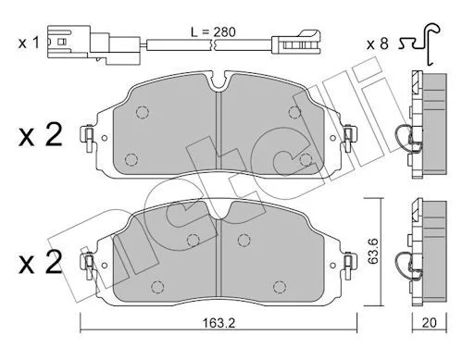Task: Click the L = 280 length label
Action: [x=213, y=31]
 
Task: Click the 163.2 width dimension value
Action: [x=219, y=323]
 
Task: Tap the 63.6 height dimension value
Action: [x=373, y=251]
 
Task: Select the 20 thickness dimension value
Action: [x=429, y=323]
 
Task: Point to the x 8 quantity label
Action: [x=377, y=43]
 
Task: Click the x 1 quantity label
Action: [x=29, y=43]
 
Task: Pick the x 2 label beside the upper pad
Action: [x=41, y=135]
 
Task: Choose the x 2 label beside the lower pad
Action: [x=41, y=262]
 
